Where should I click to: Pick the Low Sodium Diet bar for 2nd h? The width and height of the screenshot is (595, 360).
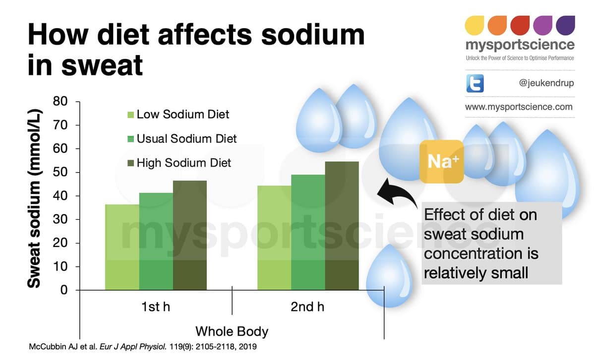pyautogui.click(x=274, y=238)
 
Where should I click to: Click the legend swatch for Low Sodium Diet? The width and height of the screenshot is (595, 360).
pyautogui.click(x=131, y=115)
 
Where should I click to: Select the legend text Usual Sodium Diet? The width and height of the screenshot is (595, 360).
pyautogui.click(x=186, y=139)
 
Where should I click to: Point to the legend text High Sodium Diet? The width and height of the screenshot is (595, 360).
pyautogui.click(x=183, y=163)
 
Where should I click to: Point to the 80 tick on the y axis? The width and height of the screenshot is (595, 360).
pyautogui.click(x=60, y=101)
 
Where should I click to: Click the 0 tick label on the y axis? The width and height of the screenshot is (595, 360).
pyautogui.click(x=63, y=290)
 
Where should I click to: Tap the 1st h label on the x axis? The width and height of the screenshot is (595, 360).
pyautogui.click(x=156, y=307)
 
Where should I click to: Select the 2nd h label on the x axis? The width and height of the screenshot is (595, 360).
pyautogui.click(x=307, y=307)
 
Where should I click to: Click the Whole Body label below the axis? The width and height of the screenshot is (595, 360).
pyautogui.click(x=232, y=331)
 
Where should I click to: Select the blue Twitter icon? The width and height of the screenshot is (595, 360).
pyautogui.click(x=475, y=83)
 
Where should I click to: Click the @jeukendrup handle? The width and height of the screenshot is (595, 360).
pyautogui.click(x=545, y=83)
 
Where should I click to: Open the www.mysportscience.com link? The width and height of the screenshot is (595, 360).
pyautogui.click(x=519, y=107)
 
